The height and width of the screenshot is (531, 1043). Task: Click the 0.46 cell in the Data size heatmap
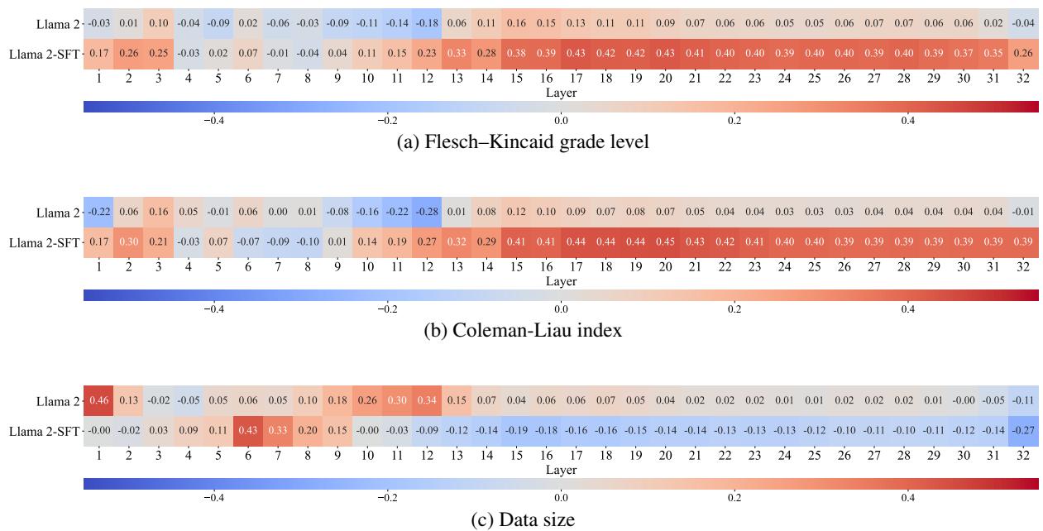click(98, 401)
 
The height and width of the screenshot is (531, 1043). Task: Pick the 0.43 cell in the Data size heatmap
click(247, 431)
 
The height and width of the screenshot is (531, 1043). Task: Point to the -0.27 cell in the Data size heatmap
click(1023, 431)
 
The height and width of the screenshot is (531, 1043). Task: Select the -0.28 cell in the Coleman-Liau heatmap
click(427, 213)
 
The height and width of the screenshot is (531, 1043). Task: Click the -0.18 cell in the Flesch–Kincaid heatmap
click(427, 24)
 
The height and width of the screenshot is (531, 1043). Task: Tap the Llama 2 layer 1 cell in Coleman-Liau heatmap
click(98, 213)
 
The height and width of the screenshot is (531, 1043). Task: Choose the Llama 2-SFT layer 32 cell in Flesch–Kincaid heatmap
click(1023, 54)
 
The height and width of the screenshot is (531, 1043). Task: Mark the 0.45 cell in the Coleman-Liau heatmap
click(665, 242)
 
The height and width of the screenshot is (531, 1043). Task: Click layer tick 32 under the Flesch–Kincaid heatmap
click(1023, 78)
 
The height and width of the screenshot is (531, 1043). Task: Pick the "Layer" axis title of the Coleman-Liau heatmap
click(561, 281)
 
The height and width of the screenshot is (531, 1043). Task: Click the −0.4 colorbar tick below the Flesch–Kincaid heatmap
click(213, 121)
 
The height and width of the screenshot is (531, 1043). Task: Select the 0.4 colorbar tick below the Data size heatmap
click(907, 498)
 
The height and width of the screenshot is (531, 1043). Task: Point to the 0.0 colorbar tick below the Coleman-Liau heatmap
click(561, 309)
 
